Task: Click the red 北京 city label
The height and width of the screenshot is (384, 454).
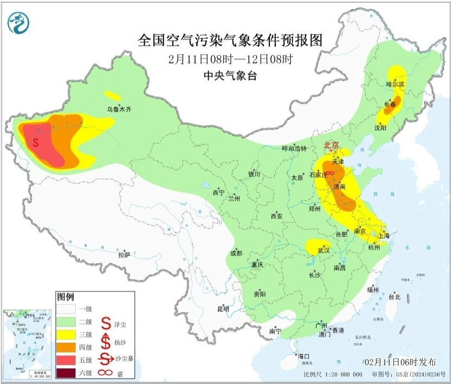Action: click(331, 145)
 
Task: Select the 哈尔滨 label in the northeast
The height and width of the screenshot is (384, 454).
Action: click(395, 84)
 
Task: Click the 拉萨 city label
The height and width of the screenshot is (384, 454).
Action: click(124, 254)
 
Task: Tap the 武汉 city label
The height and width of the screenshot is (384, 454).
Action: click(323, 250)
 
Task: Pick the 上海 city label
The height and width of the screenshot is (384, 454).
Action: click(384, 236)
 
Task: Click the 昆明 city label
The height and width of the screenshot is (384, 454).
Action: click(223, 309)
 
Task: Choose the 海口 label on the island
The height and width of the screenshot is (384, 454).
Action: click(303, 356)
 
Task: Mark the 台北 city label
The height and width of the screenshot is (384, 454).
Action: click(394, 297)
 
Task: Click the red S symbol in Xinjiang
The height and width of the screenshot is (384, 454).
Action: click(35, 143)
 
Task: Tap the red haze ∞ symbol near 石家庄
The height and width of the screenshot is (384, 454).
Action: click(329, 174)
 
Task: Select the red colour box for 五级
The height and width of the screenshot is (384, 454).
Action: click(67, 359)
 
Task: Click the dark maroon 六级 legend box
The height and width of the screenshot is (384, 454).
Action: click(67, 373)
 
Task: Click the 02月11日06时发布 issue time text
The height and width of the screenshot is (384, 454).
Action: click(400, 362)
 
